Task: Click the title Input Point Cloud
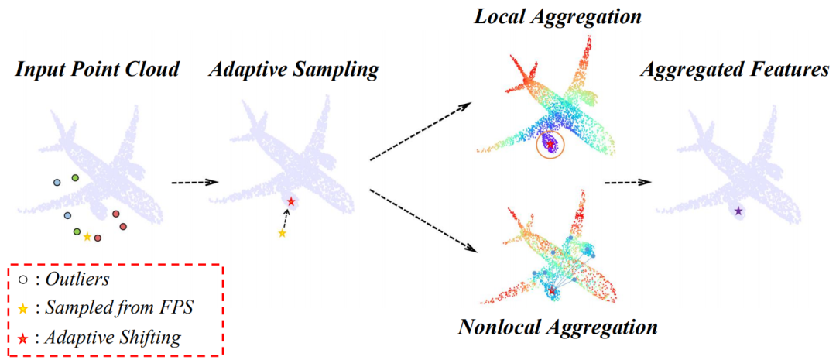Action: tap(96, 70)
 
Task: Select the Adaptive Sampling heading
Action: tap(293, 70)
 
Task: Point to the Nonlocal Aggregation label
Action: tap(557, 327)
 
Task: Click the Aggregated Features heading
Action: tap(735, 70)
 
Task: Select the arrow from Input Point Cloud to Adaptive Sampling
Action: tap(194, 183)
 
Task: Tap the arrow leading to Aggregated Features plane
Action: tap(627, 183)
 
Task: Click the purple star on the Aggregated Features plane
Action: tap(738, 211)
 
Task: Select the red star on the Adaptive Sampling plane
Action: tap(290, 202)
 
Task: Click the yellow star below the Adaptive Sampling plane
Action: tap(283, 233)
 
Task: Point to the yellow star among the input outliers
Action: tap(87, 237)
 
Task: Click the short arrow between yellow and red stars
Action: tap(286, 218)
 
